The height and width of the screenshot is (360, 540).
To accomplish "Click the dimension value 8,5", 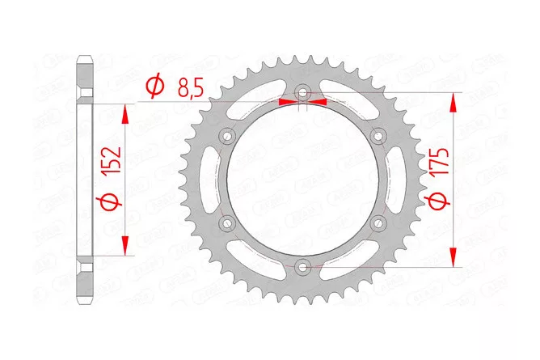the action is (x=191, y=88).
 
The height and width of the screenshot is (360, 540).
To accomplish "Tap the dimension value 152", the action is (x=112, y=160).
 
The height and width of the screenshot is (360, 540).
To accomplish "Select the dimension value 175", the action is (x=440, y=162).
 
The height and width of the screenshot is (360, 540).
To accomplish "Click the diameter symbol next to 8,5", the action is (x=154, y=87).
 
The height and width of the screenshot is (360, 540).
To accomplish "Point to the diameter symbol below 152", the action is (x=112, y=202).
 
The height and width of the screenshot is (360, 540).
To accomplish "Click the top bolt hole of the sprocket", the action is (x=302, y=93).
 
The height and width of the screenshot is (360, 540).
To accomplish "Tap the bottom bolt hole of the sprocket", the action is (x=302, y=266).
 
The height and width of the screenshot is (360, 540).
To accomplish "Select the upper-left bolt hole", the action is (x=228, y=136).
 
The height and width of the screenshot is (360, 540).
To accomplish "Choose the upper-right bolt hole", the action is (x=378, y=136).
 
